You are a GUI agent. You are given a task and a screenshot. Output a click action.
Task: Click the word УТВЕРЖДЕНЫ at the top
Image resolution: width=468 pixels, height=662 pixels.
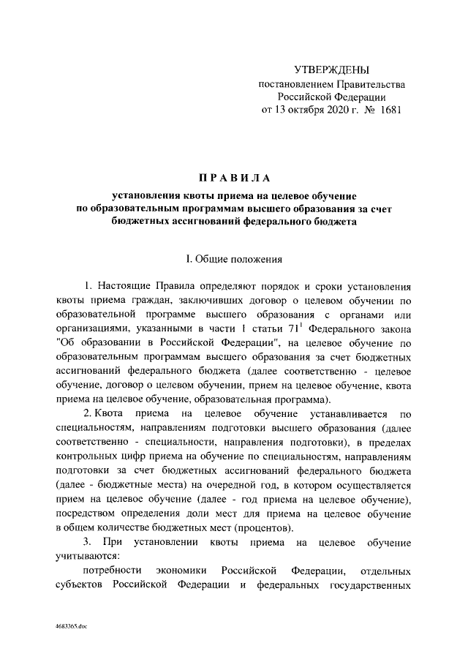pyautogui.click(x=332, y=70)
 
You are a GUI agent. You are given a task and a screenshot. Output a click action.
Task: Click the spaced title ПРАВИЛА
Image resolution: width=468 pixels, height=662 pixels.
pyautogui.click(x=234, y=178)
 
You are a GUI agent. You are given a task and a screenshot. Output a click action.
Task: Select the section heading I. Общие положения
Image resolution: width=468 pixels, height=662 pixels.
pyautogui.click(x=234, y=258)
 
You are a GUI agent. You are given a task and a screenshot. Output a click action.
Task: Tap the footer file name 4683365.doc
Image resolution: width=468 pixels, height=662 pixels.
pyautogui.click(x=70, y=628)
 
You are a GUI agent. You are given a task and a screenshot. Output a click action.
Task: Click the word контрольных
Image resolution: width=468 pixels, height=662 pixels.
pyautogui.click(x=86, y=457)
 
